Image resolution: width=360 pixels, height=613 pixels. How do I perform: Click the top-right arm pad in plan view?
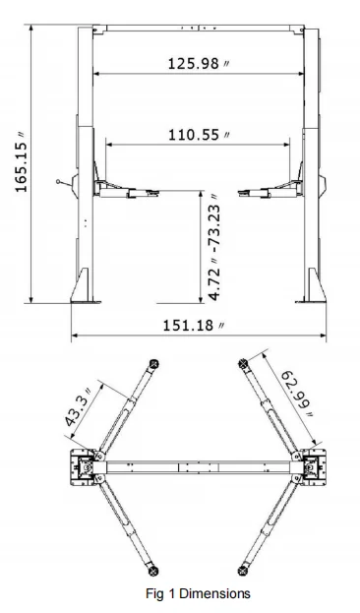241,363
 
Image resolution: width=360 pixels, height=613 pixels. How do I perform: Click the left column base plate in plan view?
85,465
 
